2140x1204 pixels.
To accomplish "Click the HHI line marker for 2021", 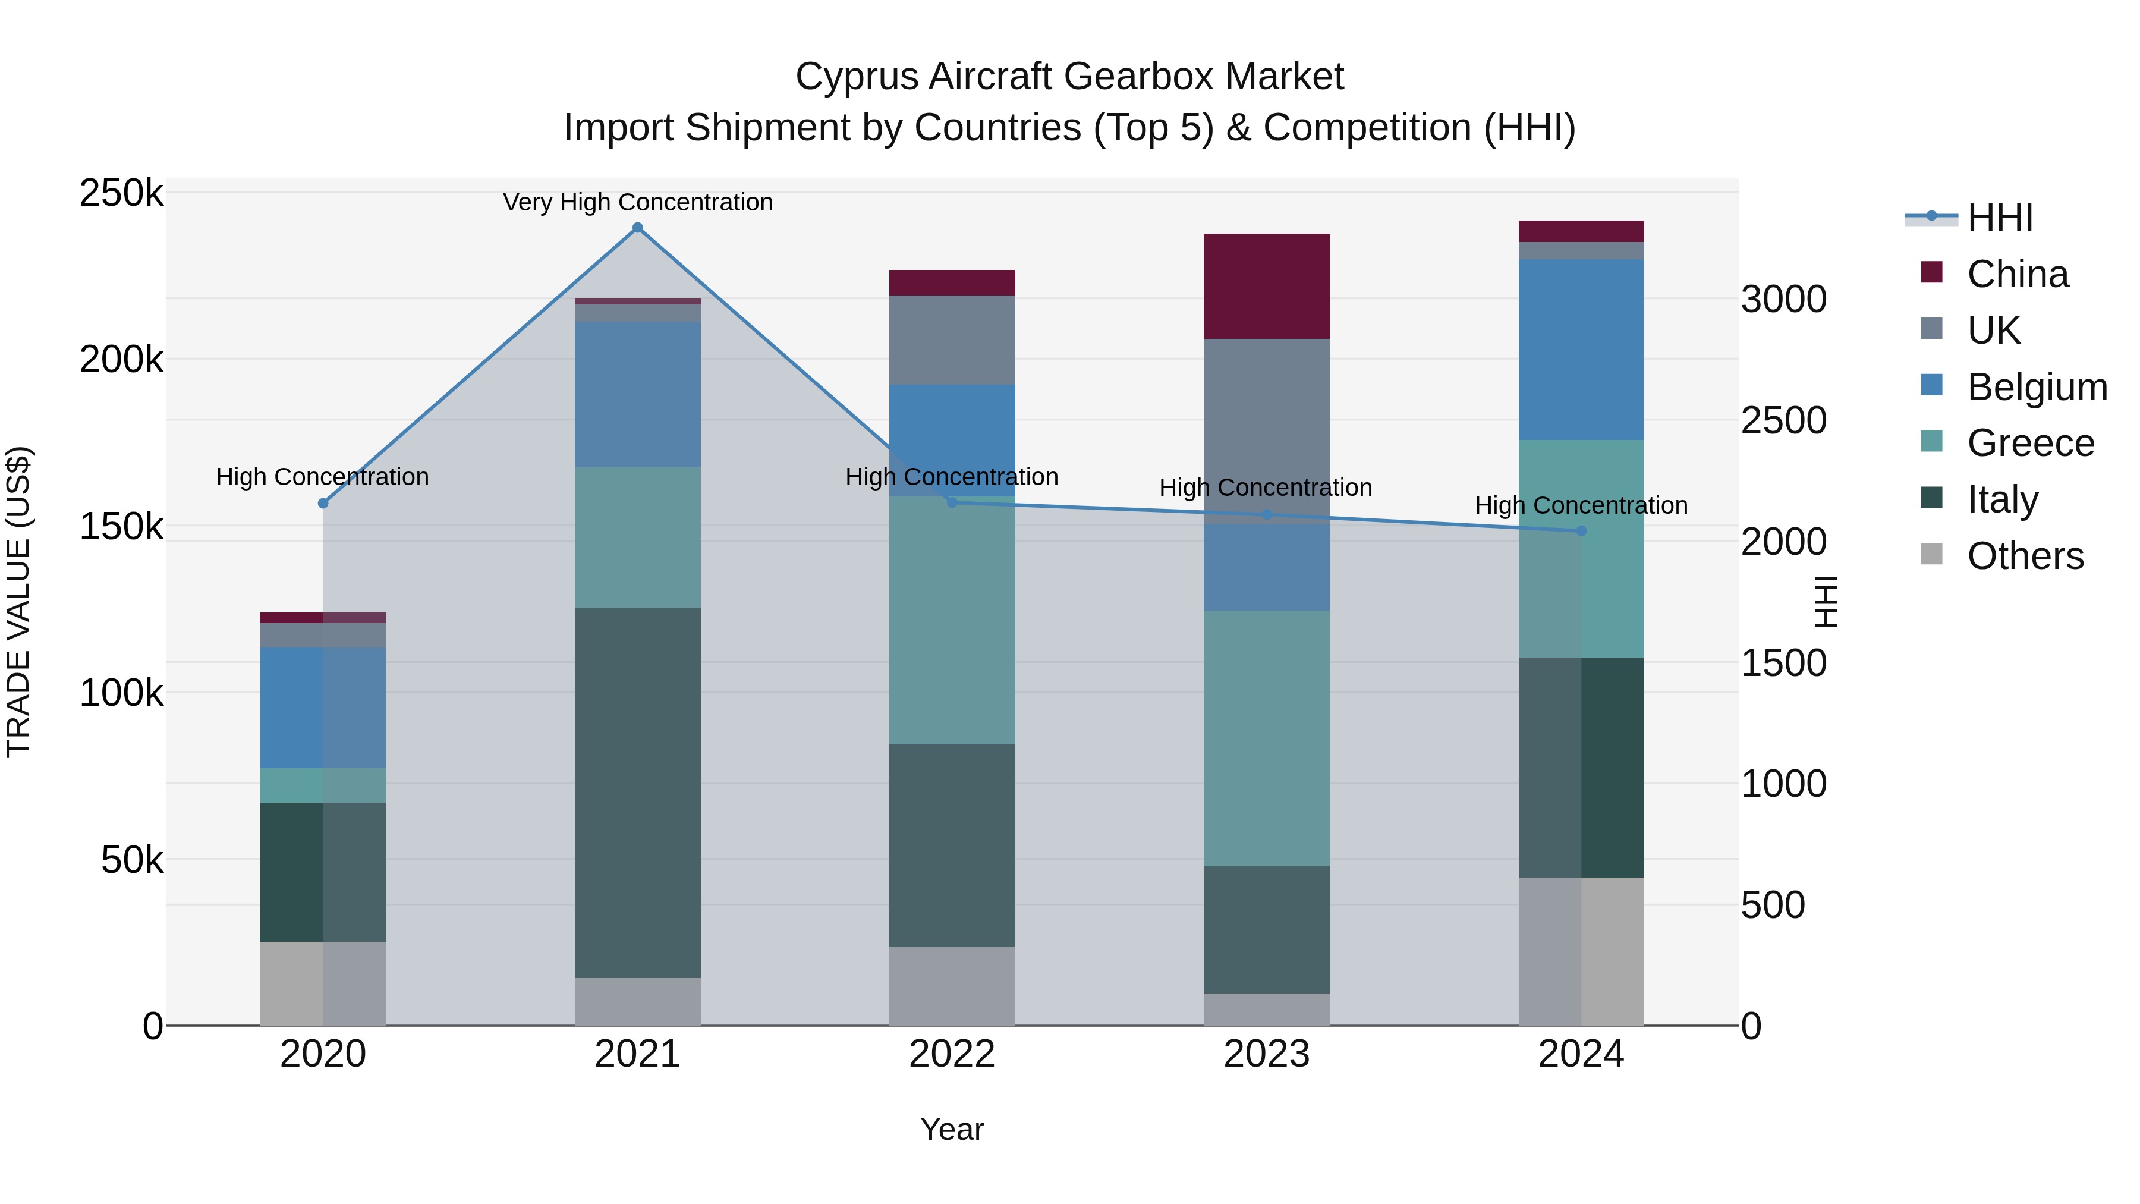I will pos(637,228).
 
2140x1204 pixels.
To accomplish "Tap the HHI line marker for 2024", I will pos(1581,531).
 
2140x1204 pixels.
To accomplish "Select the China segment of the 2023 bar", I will pos(1266,286).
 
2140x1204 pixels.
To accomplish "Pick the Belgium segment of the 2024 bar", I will pos(1581,349).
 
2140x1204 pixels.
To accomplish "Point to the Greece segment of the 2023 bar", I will pos(1266,738).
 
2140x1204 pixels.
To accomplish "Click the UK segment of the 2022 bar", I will pos(952,340).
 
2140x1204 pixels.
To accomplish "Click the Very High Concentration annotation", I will pos(637,202).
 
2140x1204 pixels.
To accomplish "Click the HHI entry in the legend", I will pos(2000,218).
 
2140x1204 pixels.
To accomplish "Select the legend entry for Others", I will pos(2025,556).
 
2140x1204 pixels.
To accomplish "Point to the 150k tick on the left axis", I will pos(121,526).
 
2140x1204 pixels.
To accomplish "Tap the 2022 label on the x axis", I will pos(952,1054).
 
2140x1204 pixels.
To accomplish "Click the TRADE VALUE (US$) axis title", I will pos(18,602).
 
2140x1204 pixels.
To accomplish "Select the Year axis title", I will pos(952,1129).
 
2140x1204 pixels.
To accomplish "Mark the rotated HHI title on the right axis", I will pos(1825,602).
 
